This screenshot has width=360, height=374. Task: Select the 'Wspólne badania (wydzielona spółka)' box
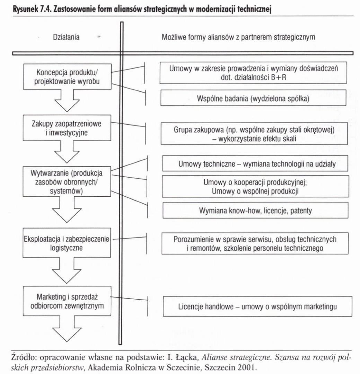point(253,98)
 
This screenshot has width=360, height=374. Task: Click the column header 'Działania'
point(66,37)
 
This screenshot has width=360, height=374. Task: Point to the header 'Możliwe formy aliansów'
point(238,37)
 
